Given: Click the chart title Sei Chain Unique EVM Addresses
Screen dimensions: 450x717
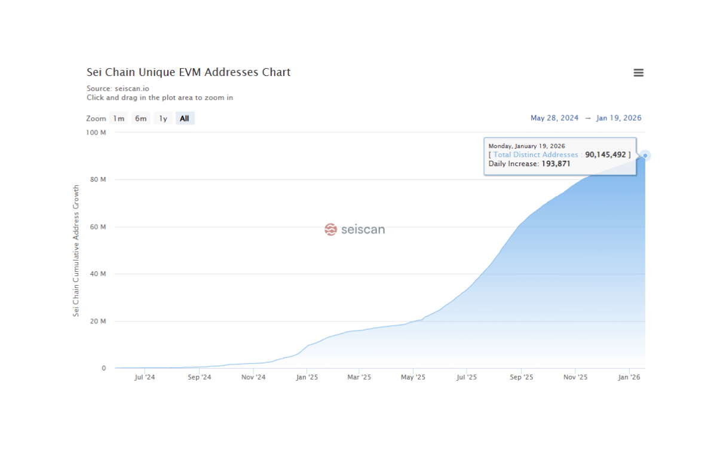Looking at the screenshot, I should coord(188,72).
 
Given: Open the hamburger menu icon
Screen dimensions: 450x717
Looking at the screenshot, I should coord(638,73).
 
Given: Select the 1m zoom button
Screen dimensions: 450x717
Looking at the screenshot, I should coord(119,118).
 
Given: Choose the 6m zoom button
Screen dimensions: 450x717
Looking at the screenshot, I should coord(141,118).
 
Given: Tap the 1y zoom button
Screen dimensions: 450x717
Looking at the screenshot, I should coord(163,118).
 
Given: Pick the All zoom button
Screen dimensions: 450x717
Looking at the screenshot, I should coord(185,118).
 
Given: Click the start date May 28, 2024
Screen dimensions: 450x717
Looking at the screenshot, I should coord(554,118).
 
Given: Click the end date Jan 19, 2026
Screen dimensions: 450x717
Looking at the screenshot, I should coord(619,118).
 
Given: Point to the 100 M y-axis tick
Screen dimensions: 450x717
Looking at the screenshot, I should coord(96,132).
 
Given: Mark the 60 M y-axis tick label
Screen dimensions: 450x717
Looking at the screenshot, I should coord(97,227).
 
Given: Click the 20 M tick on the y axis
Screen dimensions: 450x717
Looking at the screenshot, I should coord(97,322).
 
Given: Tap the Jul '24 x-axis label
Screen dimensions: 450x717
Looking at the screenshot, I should coord(145,377).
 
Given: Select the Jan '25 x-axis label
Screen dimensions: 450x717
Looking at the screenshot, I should coord(307,377).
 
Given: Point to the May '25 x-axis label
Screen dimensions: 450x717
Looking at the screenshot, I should coord(413,377).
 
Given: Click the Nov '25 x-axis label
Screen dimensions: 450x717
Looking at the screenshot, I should coord(575,377).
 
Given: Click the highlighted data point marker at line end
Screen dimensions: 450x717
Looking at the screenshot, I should coord(645,155).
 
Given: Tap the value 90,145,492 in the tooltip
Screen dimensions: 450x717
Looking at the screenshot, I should coord(605,155).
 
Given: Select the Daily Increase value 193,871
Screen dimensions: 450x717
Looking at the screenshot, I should coord(556,164).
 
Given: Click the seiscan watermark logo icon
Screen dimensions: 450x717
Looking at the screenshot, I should coord(330,229).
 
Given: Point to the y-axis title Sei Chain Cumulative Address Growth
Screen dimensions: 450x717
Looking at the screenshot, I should coord(76,250).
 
